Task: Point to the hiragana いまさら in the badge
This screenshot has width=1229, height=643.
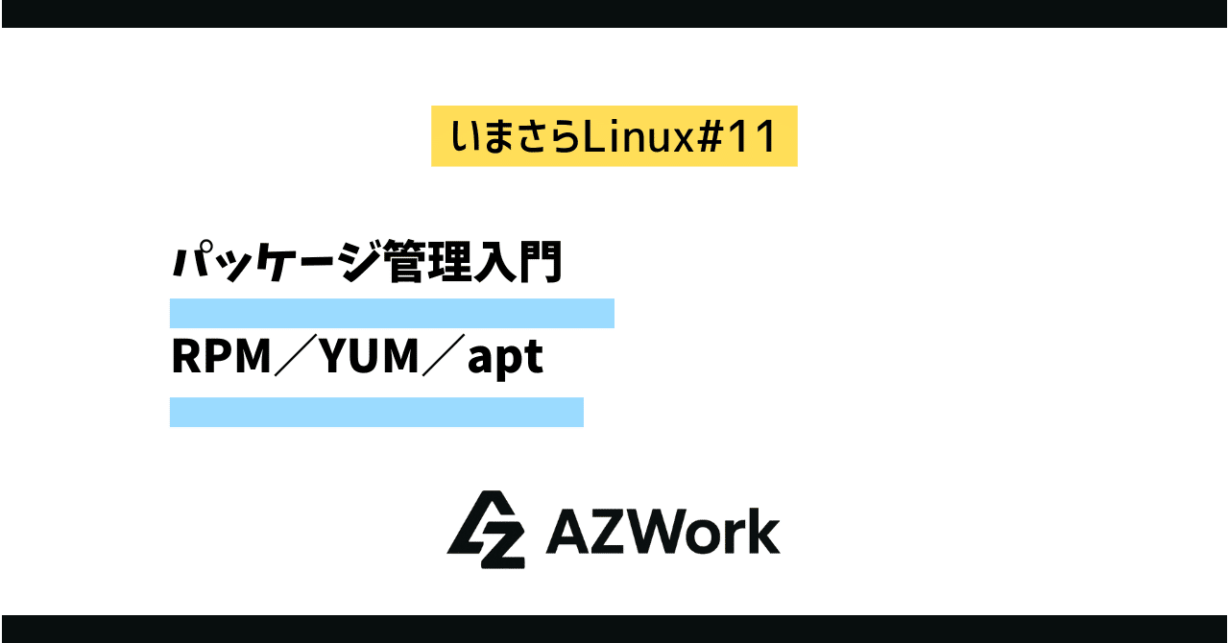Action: [x=518, y=136]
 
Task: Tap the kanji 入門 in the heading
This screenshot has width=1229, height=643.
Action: [x=517, y=261]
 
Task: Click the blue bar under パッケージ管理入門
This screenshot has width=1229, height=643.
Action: [x=392, y=314]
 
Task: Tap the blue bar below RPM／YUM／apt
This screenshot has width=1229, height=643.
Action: [x=376, y=412]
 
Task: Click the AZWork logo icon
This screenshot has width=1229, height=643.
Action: [x=486, y=530]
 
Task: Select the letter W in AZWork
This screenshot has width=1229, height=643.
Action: [x=652, y=532]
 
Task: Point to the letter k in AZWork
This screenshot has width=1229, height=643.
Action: [x=763, y=532]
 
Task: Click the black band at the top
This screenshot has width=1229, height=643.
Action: [x=614, y=13]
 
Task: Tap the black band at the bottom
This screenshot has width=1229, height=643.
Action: [x=614, y=629]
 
